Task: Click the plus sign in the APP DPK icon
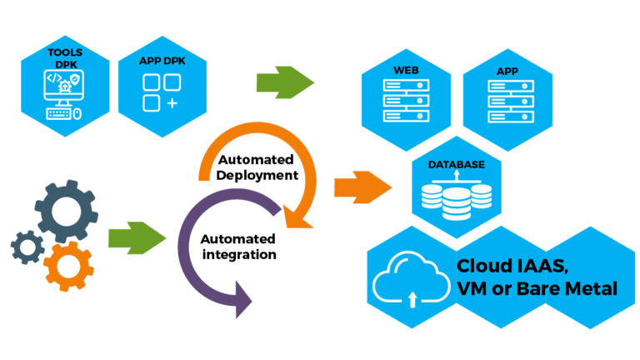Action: click(x=172, y=102)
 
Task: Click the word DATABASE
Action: click(x=456, y=165)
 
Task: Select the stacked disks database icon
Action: click(x=456, y=198)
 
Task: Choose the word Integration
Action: click(x=239, y=252)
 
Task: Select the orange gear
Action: click(x=69, y=264)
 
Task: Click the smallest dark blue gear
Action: click(x=29, y=247)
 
